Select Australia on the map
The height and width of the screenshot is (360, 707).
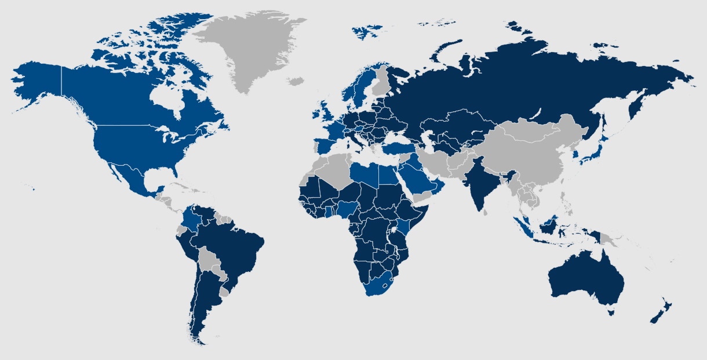point(585,278)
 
